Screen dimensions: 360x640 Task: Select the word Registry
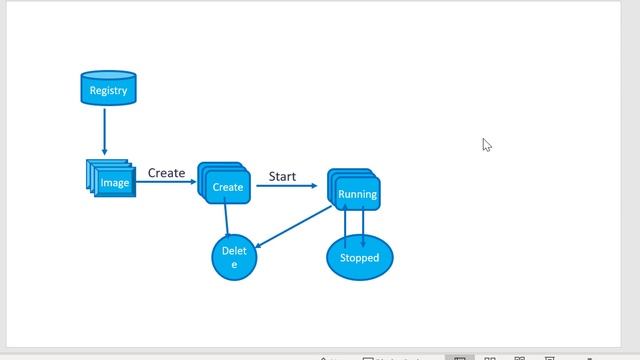[x=108, y=91]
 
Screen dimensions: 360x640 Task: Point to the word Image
[x=114, y=183]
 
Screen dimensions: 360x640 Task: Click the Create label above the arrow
[x=166, y=173]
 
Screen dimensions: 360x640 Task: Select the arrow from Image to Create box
[x=165, y=185]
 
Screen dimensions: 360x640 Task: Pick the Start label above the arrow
[x=282, y=176]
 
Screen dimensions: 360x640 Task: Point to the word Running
[x=357, y=194]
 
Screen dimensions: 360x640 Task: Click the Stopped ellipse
[x=360, y=258]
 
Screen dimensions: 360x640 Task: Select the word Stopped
[x=360, y=258]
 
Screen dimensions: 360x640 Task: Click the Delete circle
[x=235, y=258]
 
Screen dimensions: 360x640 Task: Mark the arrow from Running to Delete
[x=294, y=227]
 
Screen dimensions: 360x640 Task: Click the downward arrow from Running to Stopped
[x=363, y=225]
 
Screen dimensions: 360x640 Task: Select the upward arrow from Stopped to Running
[x=345, y=225]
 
